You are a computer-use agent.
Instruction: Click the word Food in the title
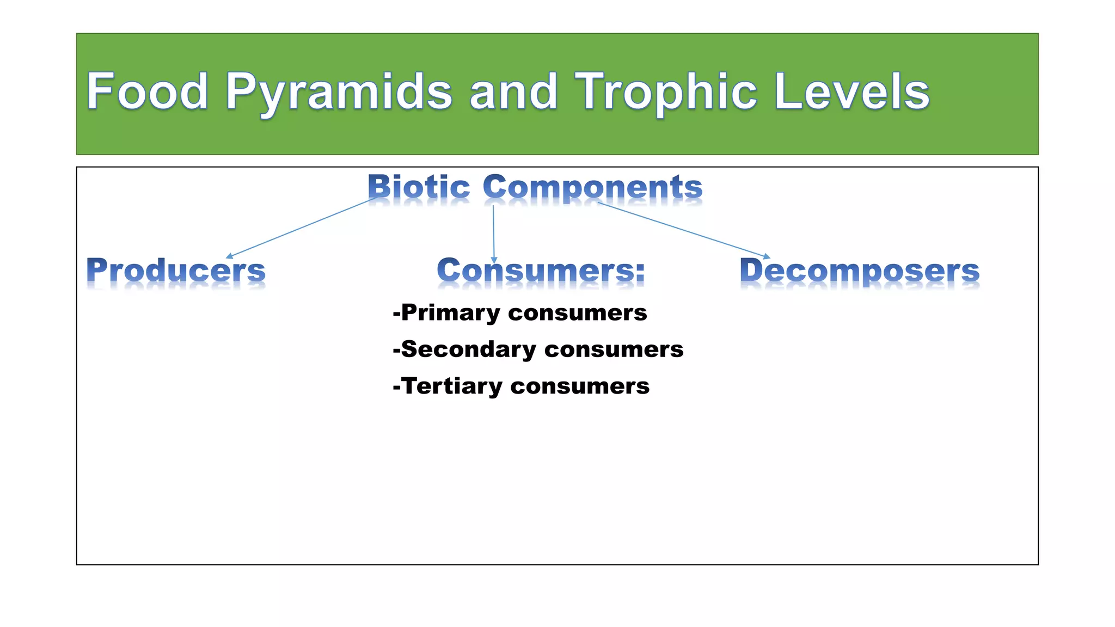147,91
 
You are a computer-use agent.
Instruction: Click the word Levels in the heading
851,91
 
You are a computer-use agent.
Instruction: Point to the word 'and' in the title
513,91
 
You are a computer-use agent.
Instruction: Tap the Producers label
176,270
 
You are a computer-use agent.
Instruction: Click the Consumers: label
541,270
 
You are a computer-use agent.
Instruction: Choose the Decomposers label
860,270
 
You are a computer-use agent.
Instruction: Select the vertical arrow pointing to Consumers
494,234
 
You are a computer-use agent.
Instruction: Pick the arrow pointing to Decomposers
684,230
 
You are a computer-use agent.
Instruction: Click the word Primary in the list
450,313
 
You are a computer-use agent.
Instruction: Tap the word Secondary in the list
468,349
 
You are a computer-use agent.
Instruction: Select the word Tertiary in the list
452,386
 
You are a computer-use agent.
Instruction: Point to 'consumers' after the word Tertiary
580,386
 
